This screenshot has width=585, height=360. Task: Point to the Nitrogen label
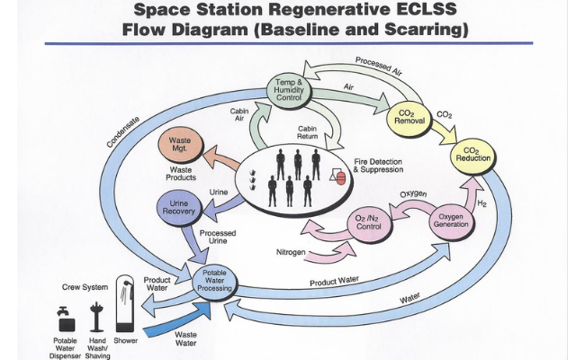click(x=291, y=253)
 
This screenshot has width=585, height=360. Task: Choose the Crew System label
click(x=85, y=287)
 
